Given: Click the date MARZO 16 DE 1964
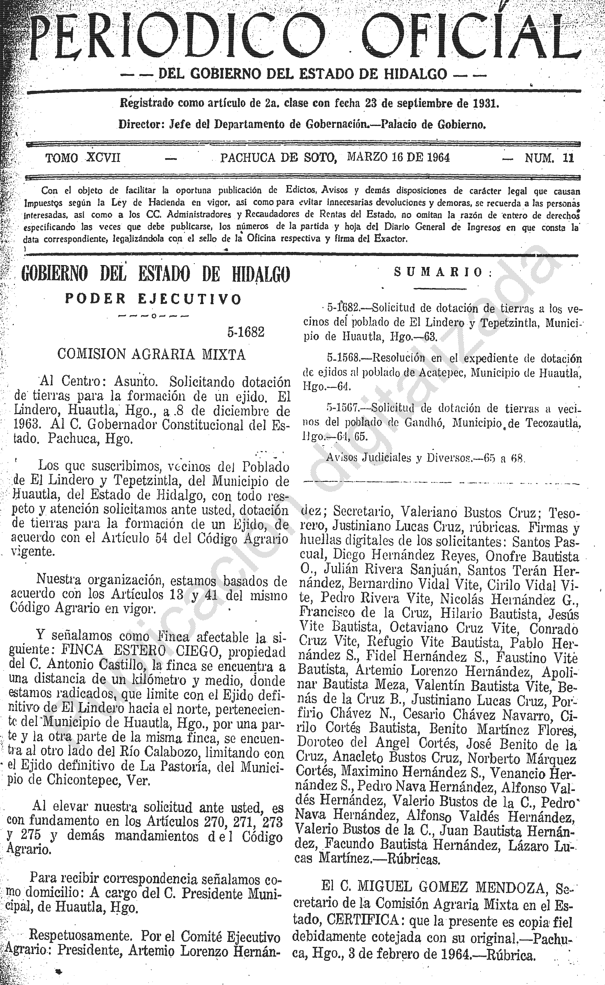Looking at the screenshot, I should (x=399, y=157).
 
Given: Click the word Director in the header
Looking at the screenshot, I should (x=139, y=124).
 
